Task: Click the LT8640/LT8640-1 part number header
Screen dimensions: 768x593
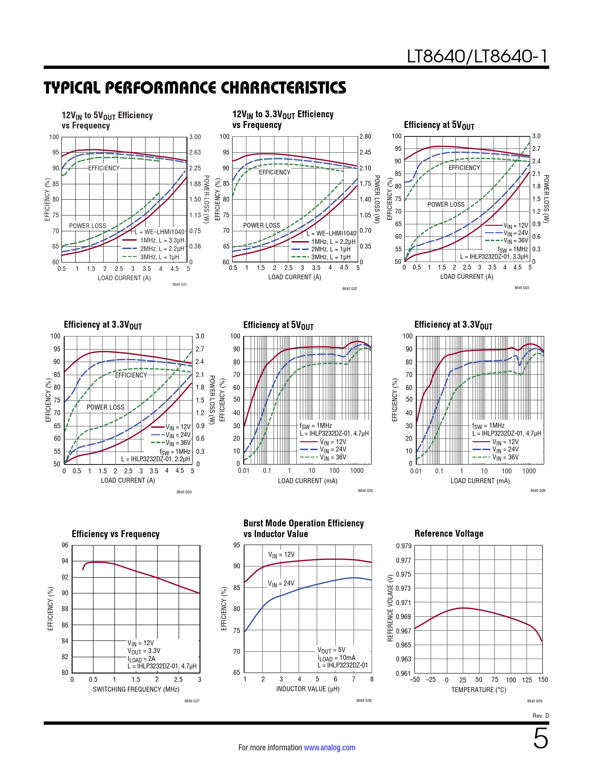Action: click(x=477, y=56)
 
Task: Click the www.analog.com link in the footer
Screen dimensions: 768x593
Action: click(x=329, y=748)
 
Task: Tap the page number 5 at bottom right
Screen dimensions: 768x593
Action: click(x=540, y=739)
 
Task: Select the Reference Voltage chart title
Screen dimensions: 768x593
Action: click(x=449, y=533)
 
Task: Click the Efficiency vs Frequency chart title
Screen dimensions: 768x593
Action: click(x=115, y=534)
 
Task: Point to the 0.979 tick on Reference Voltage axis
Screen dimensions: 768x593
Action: click(x=403, y=546)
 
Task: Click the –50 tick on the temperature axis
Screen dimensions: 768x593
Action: click(x=414, y=680)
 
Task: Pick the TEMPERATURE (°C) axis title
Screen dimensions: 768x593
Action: click(x=479, y=690)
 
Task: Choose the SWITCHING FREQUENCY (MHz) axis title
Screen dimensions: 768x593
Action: click(x=136, y=689)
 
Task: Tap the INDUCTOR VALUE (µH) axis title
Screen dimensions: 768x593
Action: click(x=307, y=689)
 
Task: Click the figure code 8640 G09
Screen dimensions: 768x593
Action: click(x=534, y=701)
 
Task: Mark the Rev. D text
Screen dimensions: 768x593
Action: click(x=540, y=715)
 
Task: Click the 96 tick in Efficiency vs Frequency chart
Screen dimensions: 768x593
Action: click(x=65, y=545)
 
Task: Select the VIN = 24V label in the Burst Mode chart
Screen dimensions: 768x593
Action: click(x=281, y=583)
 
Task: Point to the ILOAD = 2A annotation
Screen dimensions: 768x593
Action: click(x=141, y=659)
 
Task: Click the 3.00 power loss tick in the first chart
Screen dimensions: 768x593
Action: click(x=195, y=137)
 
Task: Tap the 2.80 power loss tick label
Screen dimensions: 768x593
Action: click(x=365, y=136)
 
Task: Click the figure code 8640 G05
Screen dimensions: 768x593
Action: click(x=365, y=491)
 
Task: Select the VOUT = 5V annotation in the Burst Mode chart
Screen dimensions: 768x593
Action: click(x=331, y=650)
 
